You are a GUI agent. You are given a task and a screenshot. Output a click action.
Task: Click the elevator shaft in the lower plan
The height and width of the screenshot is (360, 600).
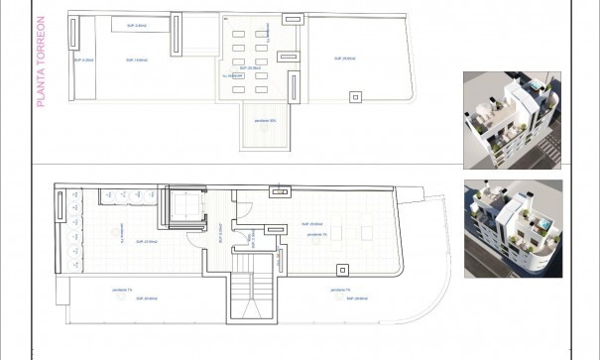coord(185,206)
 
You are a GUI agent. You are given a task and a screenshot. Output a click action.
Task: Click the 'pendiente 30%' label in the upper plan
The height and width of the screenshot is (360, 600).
coord(265,120)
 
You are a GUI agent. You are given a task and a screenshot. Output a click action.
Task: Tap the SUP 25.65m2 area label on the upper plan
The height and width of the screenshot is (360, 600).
coord(345,60)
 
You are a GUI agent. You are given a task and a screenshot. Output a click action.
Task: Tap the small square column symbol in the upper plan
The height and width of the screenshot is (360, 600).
coord(354,95)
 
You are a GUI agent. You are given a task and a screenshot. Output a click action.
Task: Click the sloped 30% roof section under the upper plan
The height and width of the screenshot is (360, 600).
coord(263,126)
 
